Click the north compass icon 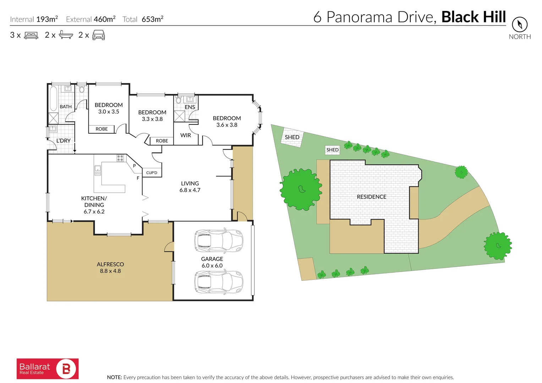pos(519,24)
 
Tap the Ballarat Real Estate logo pos(48,369)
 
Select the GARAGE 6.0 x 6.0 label pos(212,262)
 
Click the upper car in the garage pos(219,241)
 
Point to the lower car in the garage pos(219,282)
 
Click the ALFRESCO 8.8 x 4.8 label pos(110,268)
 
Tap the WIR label pos(186,135)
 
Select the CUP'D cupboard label pos(152,173)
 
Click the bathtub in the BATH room pos(53,98)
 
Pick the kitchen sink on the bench pos(98,171)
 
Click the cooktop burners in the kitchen pos(120,158)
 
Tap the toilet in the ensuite pos(179,100)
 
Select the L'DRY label pos(64,141)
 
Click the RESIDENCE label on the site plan pos(372,197)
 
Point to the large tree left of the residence pos(301,189)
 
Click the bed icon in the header pos(31,35)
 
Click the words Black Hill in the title pos(473,17)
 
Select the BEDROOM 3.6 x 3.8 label pos(227,121)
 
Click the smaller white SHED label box pos(333,150)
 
